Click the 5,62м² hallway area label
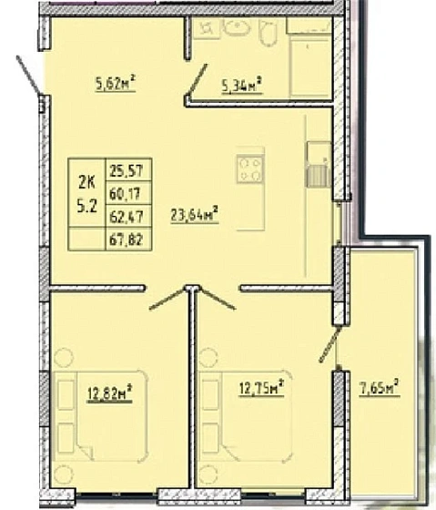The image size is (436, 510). coord(116,83)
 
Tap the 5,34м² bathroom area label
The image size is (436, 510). coord(242,86)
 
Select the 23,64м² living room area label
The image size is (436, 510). coord(194,214)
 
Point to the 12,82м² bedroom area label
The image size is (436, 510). coord(109,393)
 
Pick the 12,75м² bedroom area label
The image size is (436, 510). coord(262,388)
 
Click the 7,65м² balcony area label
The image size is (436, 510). coord(379,388)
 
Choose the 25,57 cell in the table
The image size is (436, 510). coord(128,169)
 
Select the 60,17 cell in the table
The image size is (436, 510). coord(128,193)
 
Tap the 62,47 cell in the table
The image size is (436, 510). coord(128,217)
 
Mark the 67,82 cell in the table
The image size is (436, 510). coord(128,239)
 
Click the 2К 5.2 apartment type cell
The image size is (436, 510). coord(87,193)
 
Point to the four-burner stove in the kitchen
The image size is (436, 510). coord(250,168)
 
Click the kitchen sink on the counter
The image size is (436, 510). coord(319,164)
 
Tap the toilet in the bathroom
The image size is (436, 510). coord(269,32)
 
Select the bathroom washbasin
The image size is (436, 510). coord(237,27)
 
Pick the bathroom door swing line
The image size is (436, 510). coord(197,80)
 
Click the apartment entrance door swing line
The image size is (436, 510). coord(29,75)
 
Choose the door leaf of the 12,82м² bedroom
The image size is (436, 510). coord(167,299)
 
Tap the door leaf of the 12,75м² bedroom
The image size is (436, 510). coord(218,299)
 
